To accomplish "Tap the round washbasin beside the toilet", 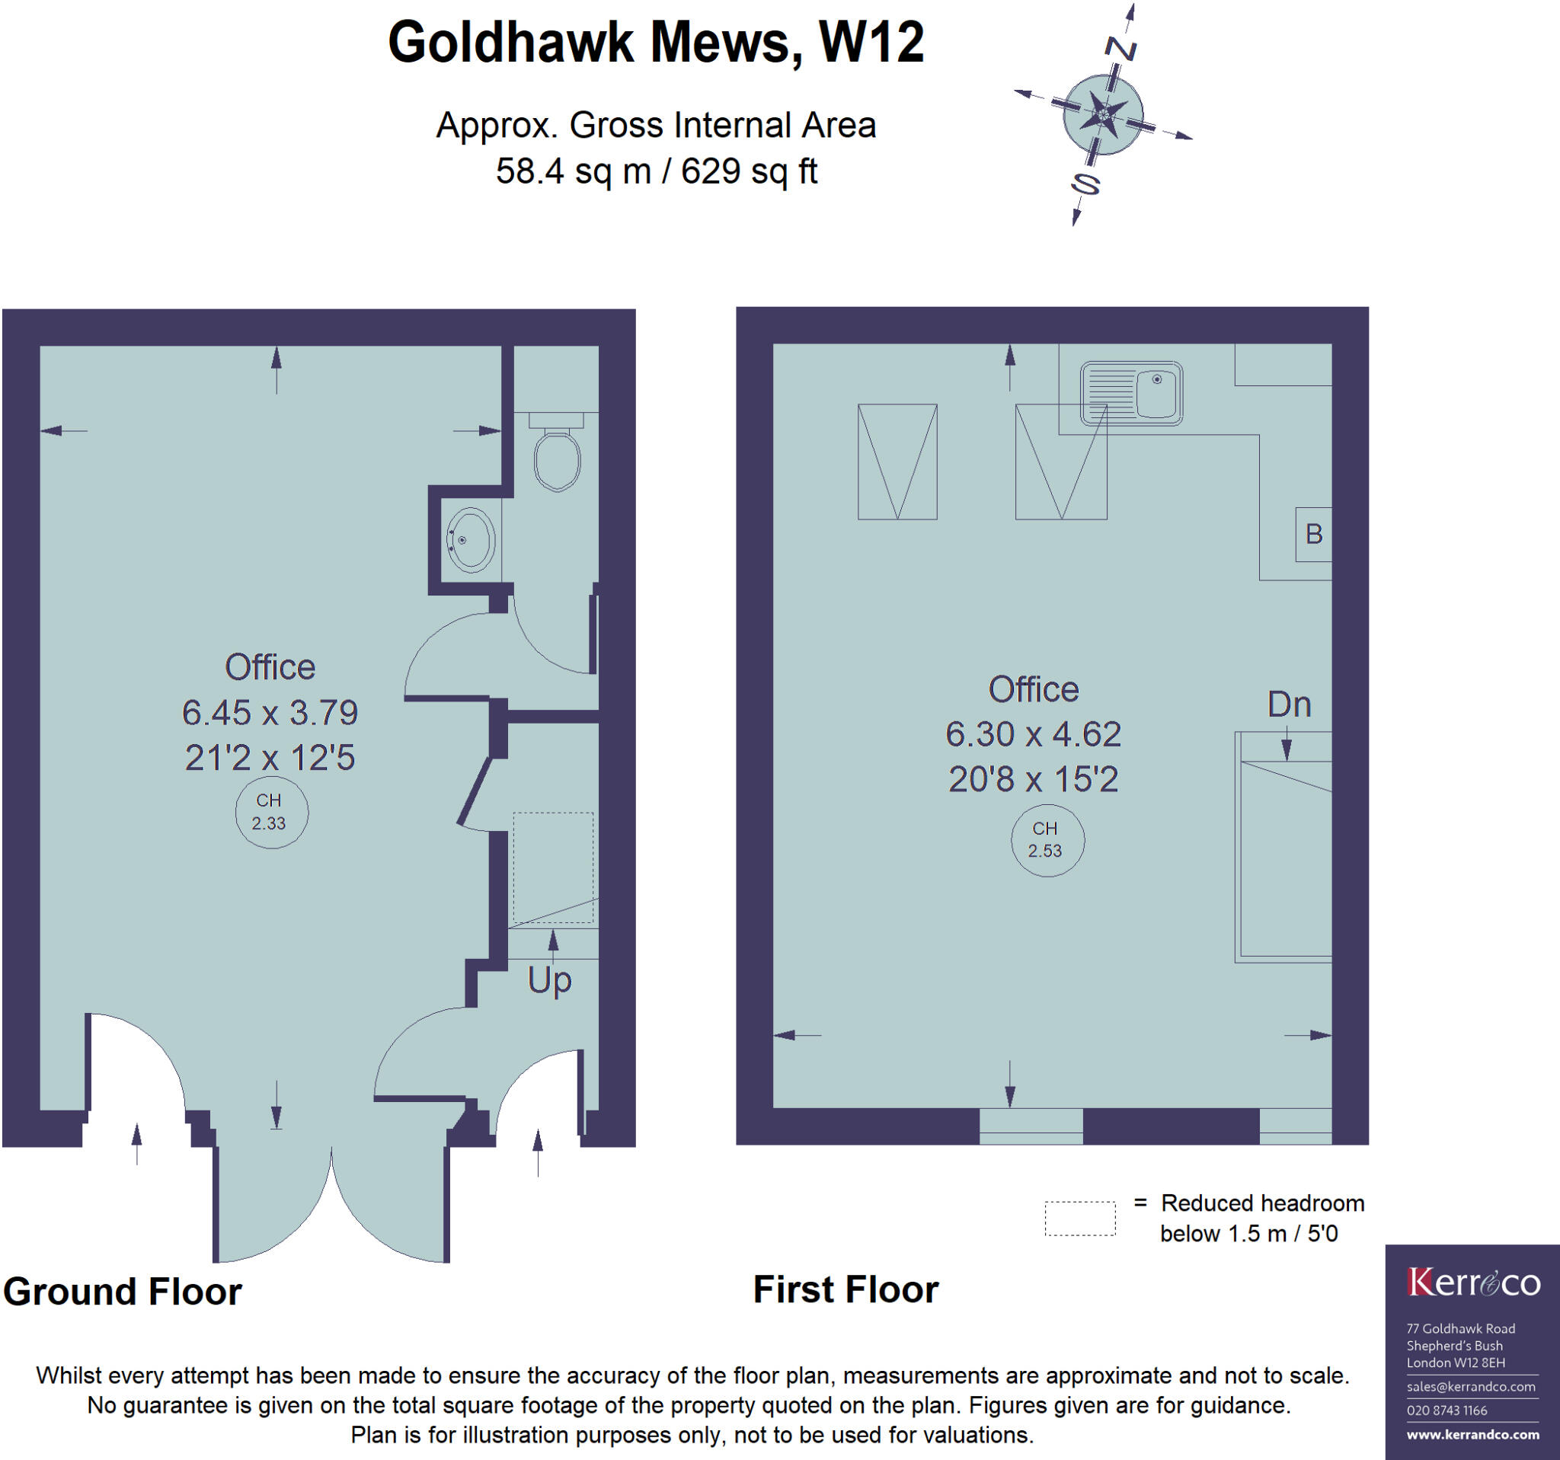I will tap(470, 540).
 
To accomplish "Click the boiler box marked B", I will tap(1312, 534).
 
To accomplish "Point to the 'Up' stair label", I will tap(549, 981).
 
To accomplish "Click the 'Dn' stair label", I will tap(1290, 704).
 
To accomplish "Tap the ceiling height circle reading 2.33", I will tap(270, 811).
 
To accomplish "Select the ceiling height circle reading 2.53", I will tap(1047, 839).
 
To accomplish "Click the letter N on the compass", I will tap(1120, 49).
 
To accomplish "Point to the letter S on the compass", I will tap(1085, 184).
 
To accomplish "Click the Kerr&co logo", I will tap(1473, 1283).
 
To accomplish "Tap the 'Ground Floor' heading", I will tap(123, 1292).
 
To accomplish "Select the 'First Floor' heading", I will tap(846, 1289).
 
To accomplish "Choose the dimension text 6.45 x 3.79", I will tap(270, 712).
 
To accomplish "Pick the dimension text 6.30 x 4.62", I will tap(1033, 734).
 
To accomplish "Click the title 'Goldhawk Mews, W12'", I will tap(656, 43).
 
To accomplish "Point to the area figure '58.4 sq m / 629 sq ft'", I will tap(656, 171).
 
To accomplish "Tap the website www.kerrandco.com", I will tap(1472, 1435).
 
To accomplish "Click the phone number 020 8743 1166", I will tap(1447, 1410).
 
